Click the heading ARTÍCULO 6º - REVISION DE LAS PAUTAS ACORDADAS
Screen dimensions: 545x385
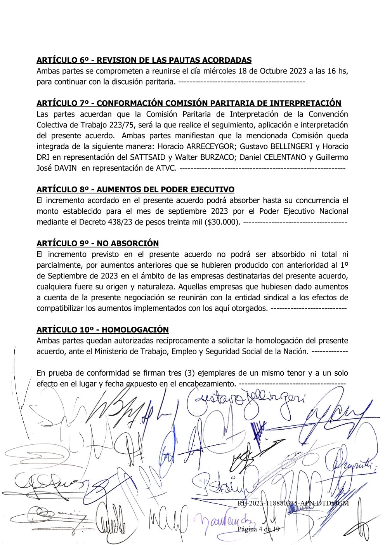(x=144, y=60)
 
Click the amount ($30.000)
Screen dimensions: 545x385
(x=222, y=222)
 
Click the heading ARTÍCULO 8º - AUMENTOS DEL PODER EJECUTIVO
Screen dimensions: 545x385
(x=135, y=190)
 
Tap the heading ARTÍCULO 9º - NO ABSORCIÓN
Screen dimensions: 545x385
(x=97, y=244)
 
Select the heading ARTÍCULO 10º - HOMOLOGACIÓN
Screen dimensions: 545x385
(x=102, y=330)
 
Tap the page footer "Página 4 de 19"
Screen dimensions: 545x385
(x=258, y=529)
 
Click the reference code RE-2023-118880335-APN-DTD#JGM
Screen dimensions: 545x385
(x=293, y=503)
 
